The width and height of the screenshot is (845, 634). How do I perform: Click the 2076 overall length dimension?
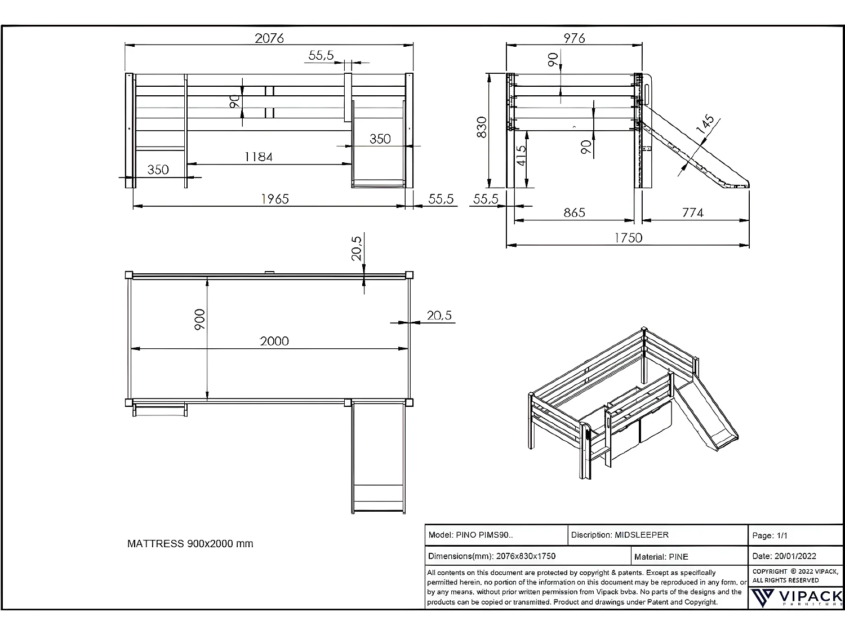(269, 38)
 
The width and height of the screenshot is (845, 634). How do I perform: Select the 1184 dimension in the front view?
(259, 157)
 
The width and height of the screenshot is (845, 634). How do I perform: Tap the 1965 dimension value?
(275, 199)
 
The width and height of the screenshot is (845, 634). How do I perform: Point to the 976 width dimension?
(574, 38)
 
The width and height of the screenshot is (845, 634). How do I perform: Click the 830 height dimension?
(482, 127)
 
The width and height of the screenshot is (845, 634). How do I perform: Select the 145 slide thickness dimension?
(705, 125)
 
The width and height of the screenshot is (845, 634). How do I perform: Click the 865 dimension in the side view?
(574, 213)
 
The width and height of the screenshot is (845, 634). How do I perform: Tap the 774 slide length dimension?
(692, 213)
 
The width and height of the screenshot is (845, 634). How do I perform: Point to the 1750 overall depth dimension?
(628, 238)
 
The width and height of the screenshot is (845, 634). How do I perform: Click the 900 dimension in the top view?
(199, 320)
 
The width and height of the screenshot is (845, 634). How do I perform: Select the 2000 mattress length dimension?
(274, 342)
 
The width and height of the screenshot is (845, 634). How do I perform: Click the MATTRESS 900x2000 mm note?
(190, 544)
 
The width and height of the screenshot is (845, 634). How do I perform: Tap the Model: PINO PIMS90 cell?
(471, 535)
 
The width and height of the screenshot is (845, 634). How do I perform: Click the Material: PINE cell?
(661, 557)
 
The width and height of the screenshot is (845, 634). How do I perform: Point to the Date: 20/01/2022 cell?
(784, 556)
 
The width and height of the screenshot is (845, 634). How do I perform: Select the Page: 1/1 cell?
(770, 535)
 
